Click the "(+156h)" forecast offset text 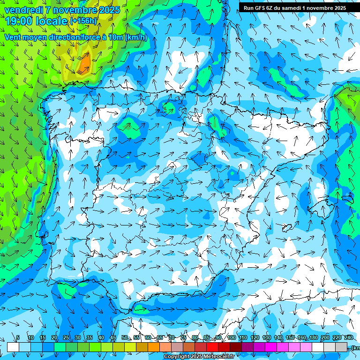click(x=83, y=21)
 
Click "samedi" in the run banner click(x=291, y=8)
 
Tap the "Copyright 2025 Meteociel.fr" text click(x=199, y=357)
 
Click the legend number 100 click(x=232, y=338)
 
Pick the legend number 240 click(x=349, y=338)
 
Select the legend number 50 click(x=124, y=338)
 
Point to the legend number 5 click(x=18, y=338)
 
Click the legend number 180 click(x=313, y=338)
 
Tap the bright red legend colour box click(x=212, y=347)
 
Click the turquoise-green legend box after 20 click(x=60, y=347)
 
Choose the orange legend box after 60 click(x=154, y=347)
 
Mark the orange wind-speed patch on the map click(x=85, y=63)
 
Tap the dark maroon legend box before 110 click(x=236, y=347)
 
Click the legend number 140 click(x=278, y=338)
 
